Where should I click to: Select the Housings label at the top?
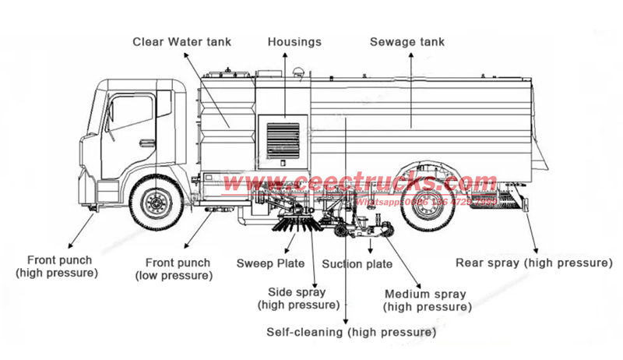tap(294, 41)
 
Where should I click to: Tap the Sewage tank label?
tap(407, 41)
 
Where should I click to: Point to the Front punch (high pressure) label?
tap(59, 266)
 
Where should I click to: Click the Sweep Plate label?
tap(271, 263)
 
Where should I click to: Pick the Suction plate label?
tap(357, 264)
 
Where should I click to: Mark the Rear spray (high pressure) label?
tap(534, 263)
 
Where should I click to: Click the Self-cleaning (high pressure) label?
tap(350, 333)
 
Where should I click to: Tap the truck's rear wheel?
tap(429, 205)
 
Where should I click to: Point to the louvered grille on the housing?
tap(283, 141)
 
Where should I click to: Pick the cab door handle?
tap(147, 143)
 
